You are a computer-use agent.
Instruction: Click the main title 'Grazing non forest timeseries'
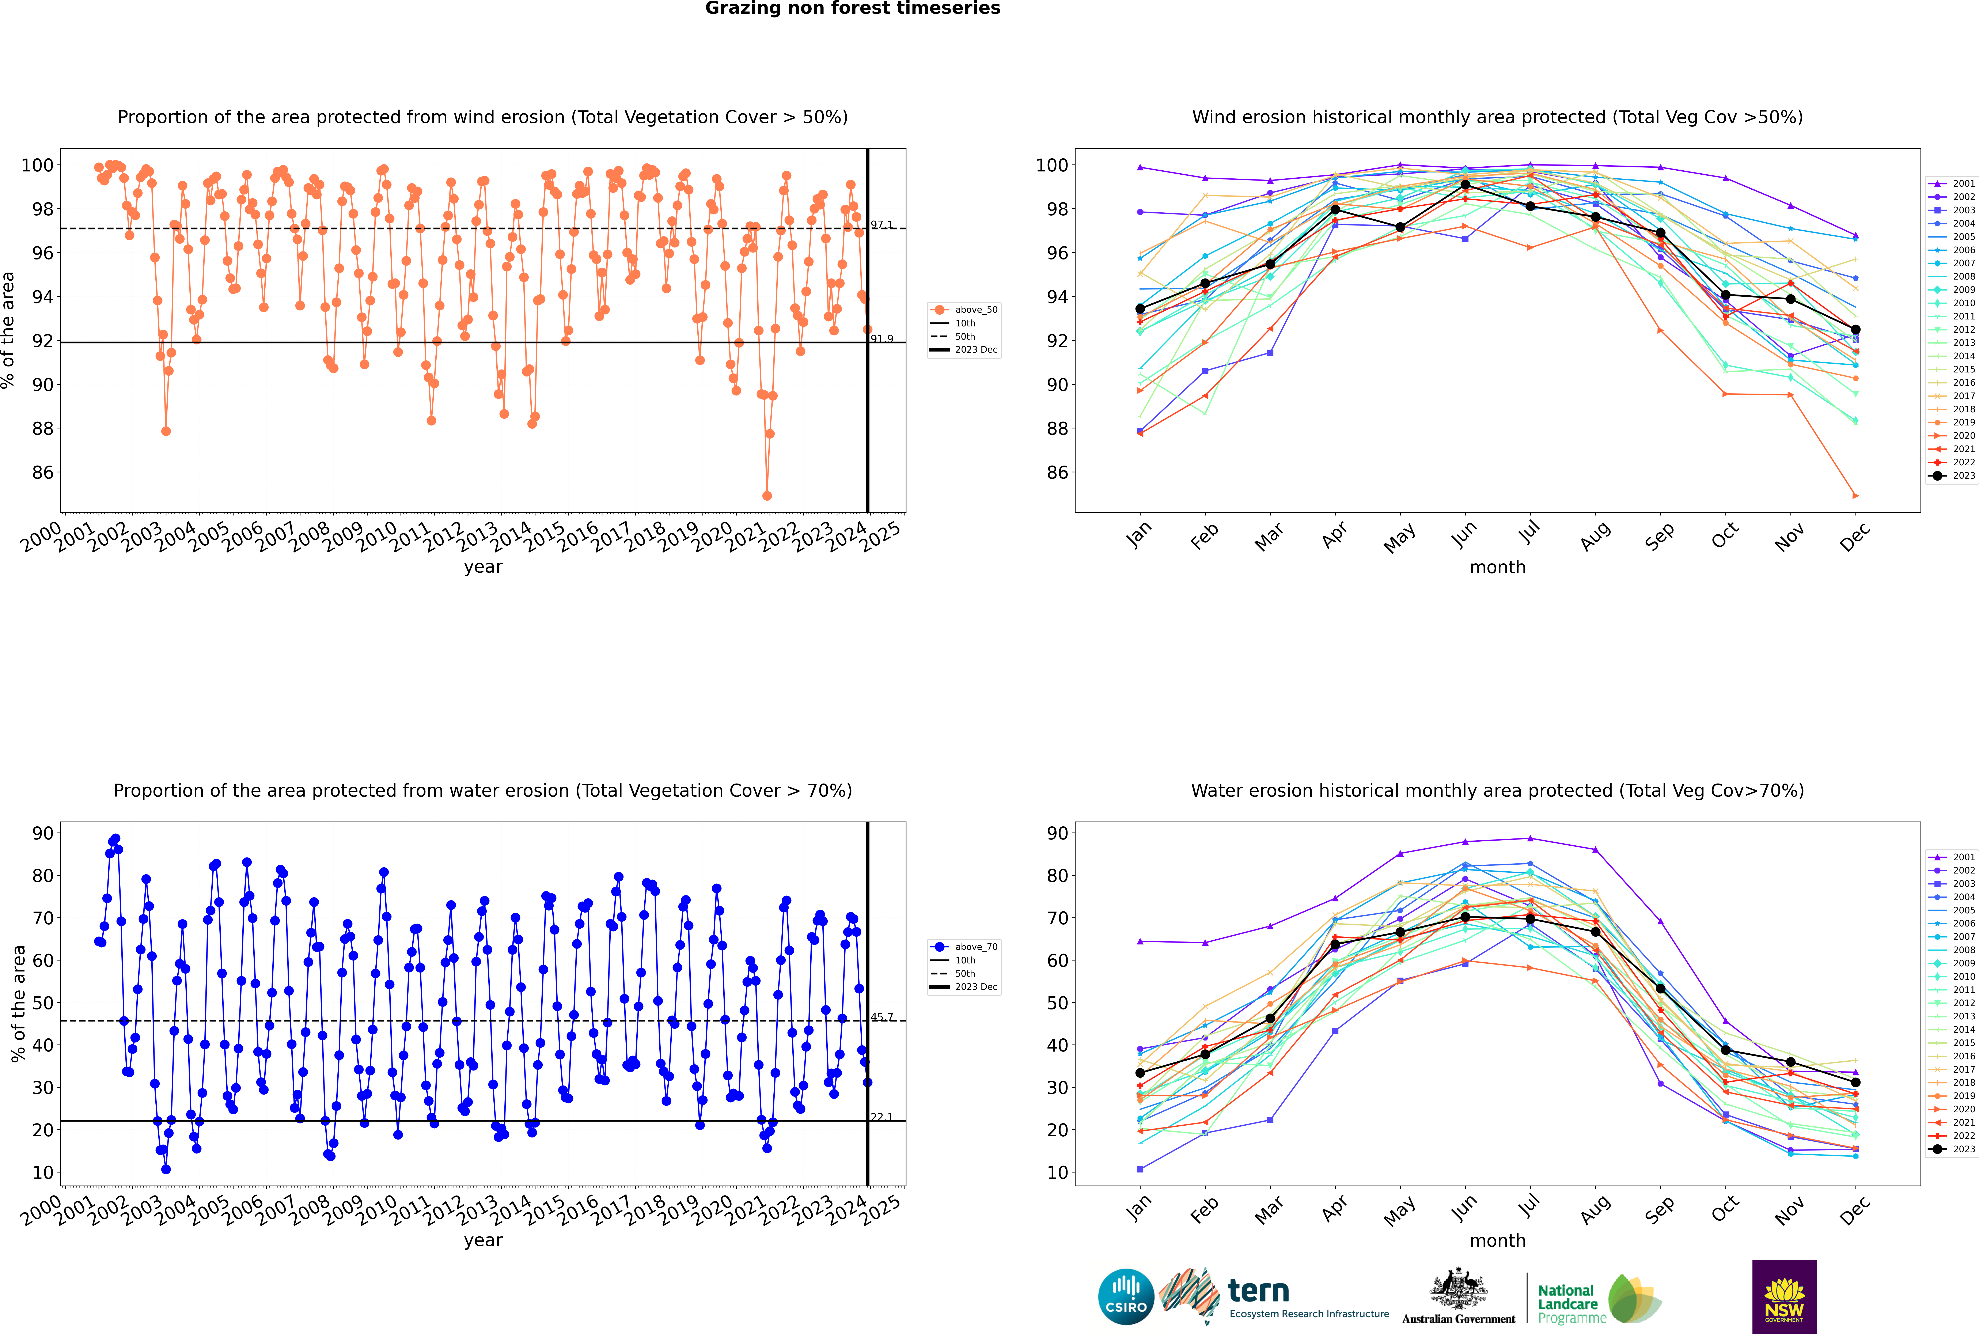pyautogui.click(x=853, y=8)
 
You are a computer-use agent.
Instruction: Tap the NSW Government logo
pyautogui.click(x=1784, y=1296)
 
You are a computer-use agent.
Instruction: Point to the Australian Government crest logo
pyautogui.click(x=1458, y=1297)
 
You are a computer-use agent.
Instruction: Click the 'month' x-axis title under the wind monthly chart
pyautogui.click(x=1497, y=568)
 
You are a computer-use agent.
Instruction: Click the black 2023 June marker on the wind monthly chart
pyautogui.click(x=1465, y=185)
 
